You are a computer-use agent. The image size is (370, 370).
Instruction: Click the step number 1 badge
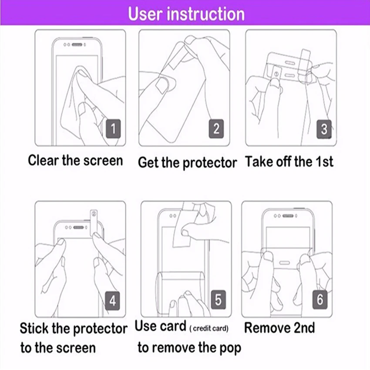pos(113,129)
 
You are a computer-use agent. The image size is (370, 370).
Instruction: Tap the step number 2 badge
pos(216,129)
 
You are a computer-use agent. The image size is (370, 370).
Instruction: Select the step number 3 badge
pos(324,129)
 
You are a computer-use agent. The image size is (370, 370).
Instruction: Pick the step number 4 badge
pos(113,301)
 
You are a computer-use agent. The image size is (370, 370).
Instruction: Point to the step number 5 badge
pos(218,299)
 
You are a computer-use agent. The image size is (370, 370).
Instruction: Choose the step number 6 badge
pos(320,299)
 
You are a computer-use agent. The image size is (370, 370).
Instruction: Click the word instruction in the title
pos(206,14)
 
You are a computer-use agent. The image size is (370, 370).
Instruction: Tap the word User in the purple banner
pos(145,14)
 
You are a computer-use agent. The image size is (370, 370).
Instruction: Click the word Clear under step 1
pos(43,161)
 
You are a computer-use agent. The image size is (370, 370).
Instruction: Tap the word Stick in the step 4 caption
pos(34,328)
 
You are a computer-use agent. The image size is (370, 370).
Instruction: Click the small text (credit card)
pos(209,329)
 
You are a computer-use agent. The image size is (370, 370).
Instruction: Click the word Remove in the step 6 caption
pos(267,328)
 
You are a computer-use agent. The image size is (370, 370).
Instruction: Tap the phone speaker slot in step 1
pos(77,45)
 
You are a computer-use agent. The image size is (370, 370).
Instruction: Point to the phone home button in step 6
pos(284,263)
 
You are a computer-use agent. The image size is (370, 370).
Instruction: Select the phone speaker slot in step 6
pos(288,215)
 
